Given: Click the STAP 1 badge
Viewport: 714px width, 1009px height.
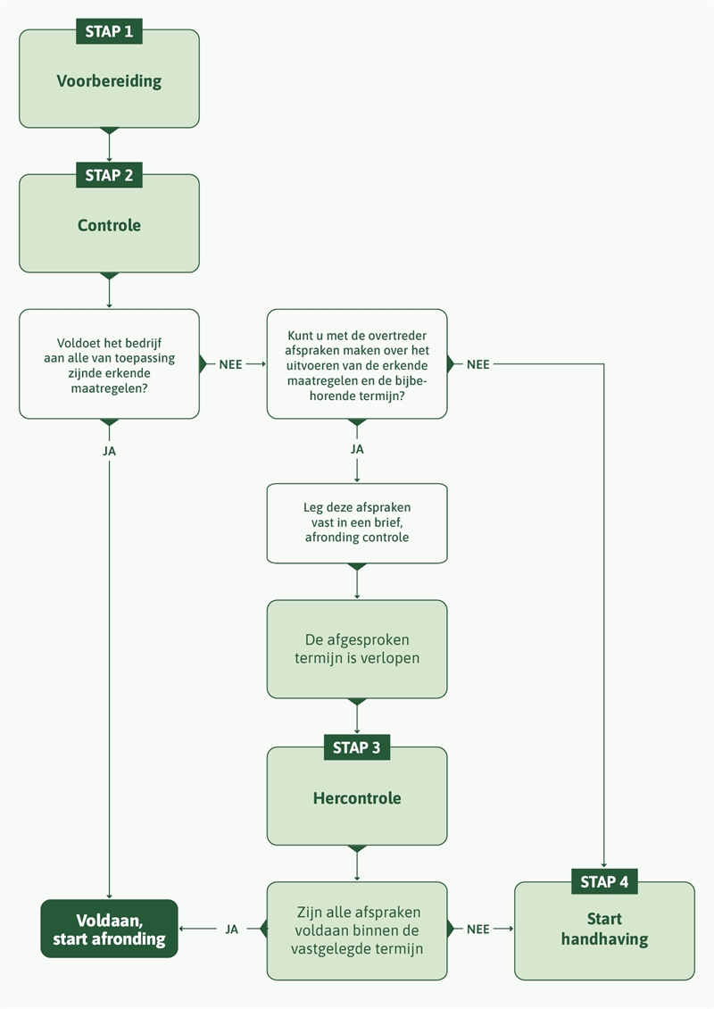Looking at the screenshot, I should point(109,31).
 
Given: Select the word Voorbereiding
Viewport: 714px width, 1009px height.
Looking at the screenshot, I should point(109,81).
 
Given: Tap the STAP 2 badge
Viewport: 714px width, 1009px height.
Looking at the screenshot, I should point(109,176).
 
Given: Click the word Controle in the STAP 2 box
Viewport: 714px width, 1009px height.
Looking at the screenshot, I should point(109,226).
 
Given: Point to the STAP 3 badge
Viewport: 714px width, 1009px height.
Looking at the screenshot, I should point(356,748).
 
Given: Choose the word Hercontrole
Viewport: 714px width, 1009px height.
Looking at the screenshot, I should point(356,798).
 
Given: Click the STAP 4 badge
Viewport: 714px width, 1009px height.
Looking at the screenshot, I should point(604,882).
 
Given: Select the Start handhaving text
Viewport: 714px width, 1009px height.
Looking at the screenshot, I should point(604,929).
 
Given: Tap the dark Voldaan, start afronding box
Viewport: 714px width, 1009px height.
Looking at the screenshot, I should point(109,929).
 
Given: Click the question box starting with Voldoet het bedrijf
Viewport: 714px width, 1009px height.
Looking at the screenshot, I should point(109,364).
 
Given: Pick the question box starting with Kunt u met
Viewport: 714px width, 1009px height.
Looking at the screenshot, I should point(356,364).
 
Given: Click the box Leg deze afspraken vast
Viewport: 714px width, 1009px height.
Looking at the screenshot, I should point(356,523).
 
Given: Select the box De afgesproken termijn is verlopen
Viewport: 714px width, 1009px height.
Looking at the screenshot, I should point(356,649).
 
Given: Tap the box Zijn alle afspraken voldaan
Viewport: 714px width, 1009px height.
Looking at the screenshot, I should point(356,930).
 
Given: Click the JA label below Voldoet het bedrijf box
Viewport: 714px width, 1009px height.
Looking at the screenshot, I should point(109,451).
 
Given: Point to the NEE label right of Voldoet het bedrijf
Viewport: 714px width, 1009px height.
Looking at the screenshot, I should point(230,364).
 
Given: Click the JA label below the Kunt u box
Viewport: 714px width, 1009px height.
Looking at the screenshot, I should point(356,449).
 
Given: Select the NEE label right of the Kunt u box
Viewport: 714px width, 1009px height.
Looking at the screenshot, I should point(478,364).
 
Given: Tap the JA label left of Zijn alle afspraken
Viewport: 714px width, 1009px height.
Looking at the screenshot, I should point(231,930).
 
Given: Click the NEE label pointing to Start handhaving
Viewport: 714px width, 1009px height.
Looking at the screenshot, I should point(478,930).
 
